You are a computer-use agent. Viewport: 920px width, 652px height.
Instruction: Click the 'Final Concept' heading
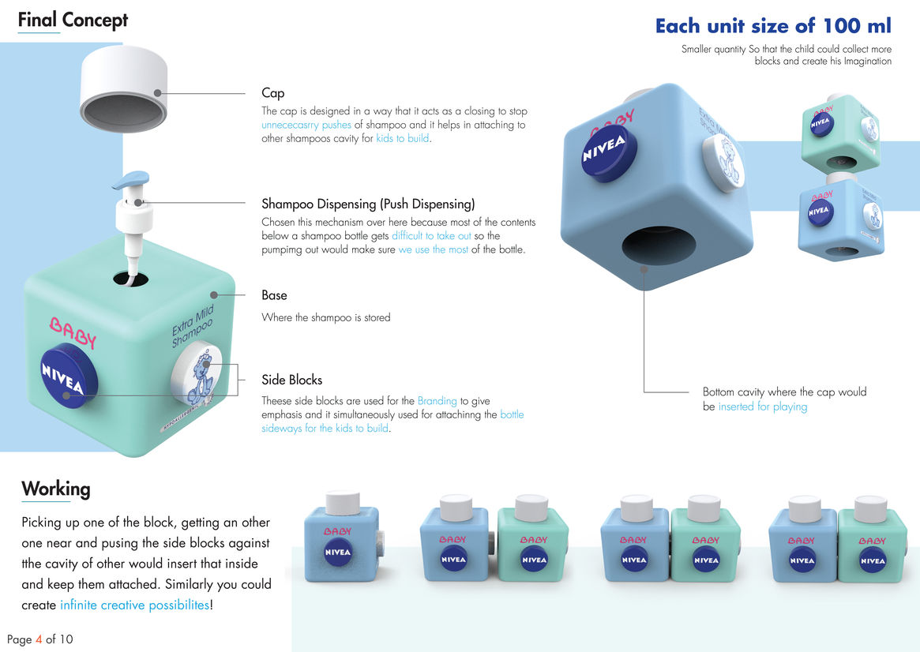pos(73,21)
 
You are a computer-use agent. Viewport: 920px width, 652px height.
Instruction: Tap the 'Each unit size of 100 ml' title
pos(772,26)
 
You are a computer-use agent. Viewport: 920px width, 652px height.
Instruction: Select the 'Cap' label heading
pos(272,93)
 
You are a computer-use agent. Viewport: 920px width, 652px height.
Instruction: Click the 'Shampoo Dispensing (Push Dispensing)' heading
pos(368,204)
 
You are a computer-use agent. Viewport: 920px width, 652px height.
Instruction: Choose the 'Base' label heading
pos(274,295)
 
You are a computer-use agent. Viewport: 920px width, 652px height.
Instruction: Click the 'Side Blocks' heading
pos(291,380)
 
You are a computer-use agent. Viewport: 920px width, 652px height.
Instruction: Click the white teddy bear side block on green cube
pos(196,370)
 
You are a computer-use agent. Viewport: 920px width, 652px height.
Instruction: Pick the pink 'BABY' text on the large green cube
pos(73,332)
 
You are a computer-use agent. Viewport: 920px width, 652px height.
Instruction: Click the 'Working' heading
pos(55,489)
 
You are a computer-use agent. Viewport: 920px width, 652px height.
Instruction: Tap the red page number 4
pos(39,639)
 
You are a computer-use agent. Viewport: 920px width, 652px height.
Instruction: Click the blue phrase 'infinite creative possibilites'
pos(135,605)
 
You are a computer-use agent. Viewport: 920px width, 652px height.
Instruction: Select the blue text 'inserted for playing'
pos(762,407)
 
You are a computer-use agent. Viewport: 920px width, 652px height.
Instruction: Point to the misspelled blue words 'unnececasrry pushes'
pos(306,125)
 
